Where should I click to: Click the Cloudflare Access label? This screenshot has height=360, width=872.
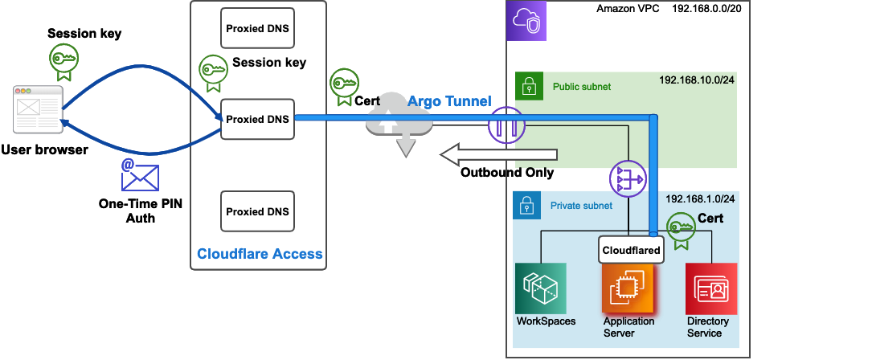pyautogui.click(x=260, y=254)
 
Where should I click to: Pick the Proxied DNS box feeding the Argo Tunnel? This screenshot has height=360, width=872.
pyautogui.click(x=257, y=119)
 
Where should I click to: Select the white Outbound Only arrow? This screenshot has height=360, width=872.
pyautogui.click(x=498, y=153)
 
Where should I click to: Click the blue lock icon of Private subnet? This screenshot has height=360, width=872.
pyautogui.click(x=527, y=206)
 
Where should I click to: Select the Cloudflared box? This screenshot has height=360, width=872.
pyautogui.click(x=632, y=250)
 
